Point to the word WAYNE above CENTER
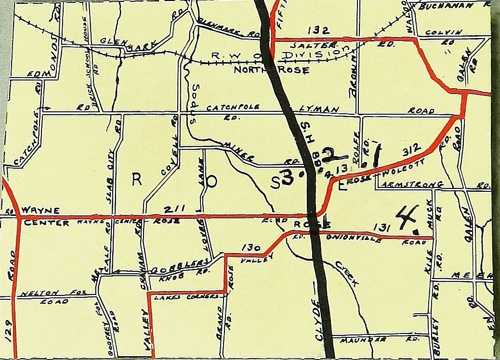pos(40,210)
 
